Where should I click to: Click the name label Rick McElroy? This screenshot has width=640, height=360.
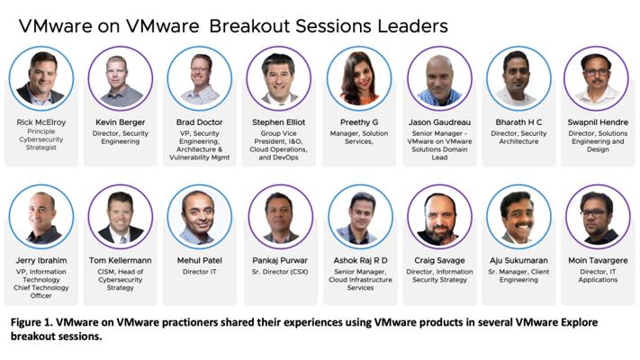(x=41, y=122)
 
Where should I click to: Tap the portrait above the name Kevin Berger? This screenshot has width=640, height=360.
(x=121, y=78)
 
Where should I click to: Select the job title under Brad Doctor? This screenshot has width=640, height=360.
(x=200, y=145)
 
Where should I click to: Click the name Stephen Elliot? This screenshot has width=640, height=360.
(x=278, y=122)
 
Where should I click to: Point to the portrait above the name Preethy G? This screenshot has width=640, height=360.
(x=359, y=78)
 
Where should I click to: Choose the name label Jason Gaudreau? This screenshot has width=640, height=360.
(x=439, y=122)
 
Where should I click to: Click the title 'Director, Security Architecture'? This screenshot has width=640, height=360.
(x=518, y=138)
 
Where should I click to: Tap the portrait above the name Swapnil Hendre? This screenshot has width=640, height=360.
(x=596, y=78)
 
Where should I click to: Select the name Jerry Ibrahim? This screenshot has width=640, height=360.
(x=41, y=260)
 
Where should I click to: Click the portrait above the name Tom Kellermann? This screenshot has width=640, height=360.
(x=121, y=217)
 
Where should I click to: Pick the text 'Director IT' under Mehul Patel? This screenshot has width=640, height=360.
(x=200, y=272)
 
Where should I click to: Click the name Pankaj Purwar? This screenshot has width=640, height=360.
(x=280, y=260)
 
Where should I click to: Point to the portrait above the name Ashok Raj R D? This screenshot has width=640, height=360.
(x=360, y=217)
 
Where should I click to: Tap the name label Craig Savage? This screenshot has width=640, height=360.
(x=439, y=260)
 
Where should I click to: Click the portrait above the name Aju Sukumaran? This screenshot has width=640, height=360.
(x=518, y=217)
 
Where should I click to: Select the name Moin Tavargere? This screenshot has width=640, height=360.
(x=598, y=260)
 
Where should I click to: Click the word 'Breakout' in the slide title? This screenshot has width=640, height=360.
(x=249, y=26)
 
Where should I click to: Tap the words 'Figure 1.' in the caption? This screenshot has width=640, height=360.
(x=31, y=322)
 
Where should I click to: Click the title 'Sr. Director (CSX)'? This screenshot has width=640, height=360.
(x=280, y=272)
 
